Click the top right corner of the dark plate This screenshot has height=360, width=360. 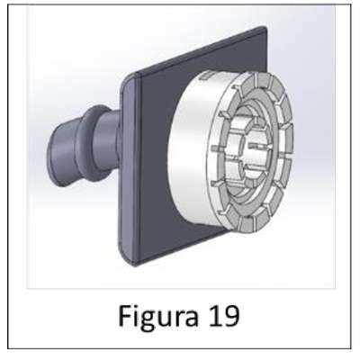click(265, 28)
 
